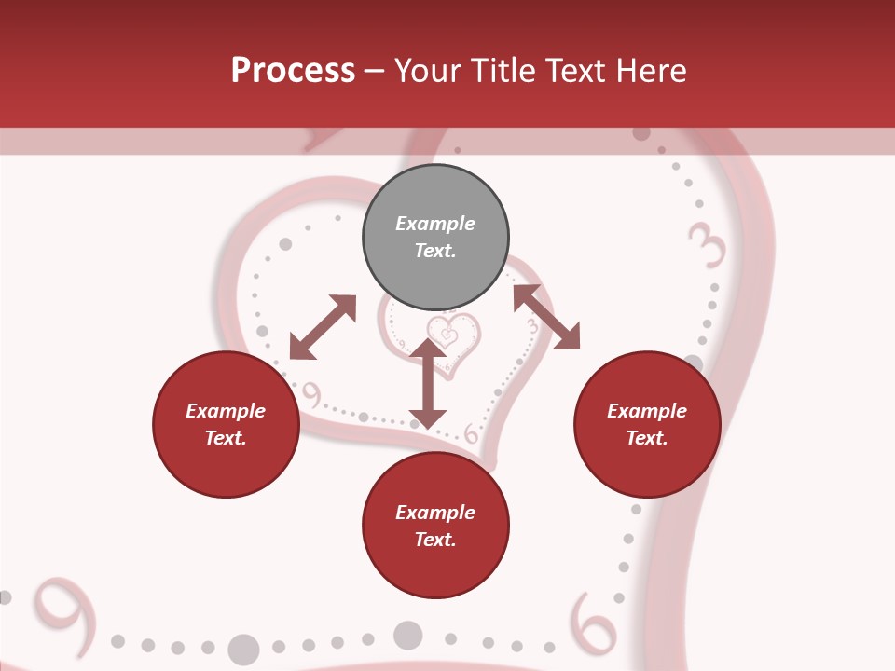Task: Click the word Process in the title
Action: pyautogui.click(x=293, y=71)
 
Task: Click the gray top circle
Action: pyautogui.click(x=435, y=237)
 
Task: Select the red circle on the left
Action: pyautogui.click(x=226, y=424)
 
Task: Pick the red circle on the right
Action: pyautogui.click(x=647, y=424)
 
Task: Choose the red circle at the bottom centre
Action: pyautogui.click(x=435, y=526)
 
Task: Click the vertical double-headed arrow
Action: pyautogui.click(x=428, y=383)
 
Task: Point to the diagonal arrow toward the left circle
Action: pyautogui.click(x=323, y=327)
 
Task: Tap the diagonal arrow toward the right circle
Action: pyautogui.click(x=546, y=317)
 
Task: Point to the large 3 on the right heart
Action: pyautogui.click(x=708, y=247)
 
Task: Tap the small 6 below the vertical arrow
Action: pyautogui.click(x=471, y=433)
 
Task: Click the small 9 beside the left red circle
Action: pyautogui.click(x=311, y=395)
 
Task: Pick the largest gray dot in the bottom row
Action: pyautogui.click(x=244, y=649)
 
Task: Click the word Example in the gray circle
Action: pyautogui.click(x=435, y=224)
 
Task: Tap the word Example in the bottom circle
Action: pyautogui.click(x=435, y=513)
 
